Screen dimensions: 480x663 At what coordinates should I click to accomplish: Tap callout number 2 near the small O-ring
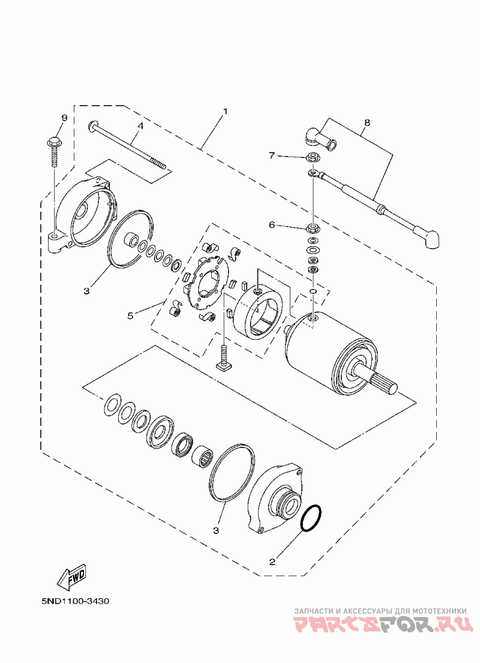(272, 562)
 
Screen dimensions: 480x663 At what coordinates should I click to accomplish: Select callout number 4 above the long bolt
(140, 126)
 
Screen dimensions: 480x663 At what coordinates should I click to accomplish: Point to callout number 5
(130, 315)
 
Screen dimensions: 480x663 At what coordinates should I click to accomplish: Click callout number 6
(272, 225)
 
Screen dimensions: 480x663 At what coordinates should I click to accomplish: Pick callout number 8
(367, 123)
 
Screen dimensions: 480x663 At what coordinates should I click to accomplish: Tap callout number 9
(64, 118)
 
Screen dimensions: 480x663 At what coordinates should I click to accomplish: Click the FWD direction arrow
(72, 577)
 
